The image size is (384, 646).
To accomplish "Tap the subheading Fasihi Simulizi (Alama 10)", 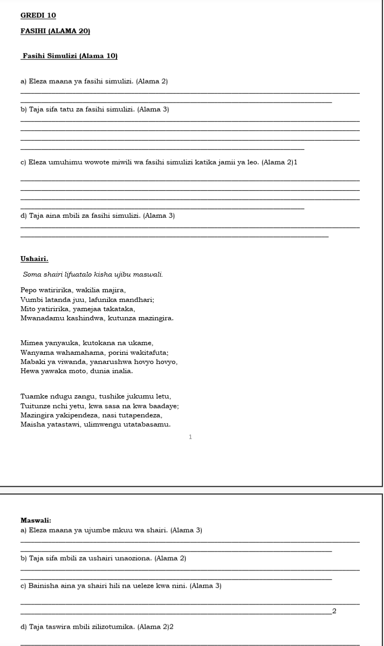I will click(70, 56).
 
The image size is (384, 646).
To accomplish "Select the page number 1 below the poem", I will click(190, 438).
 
